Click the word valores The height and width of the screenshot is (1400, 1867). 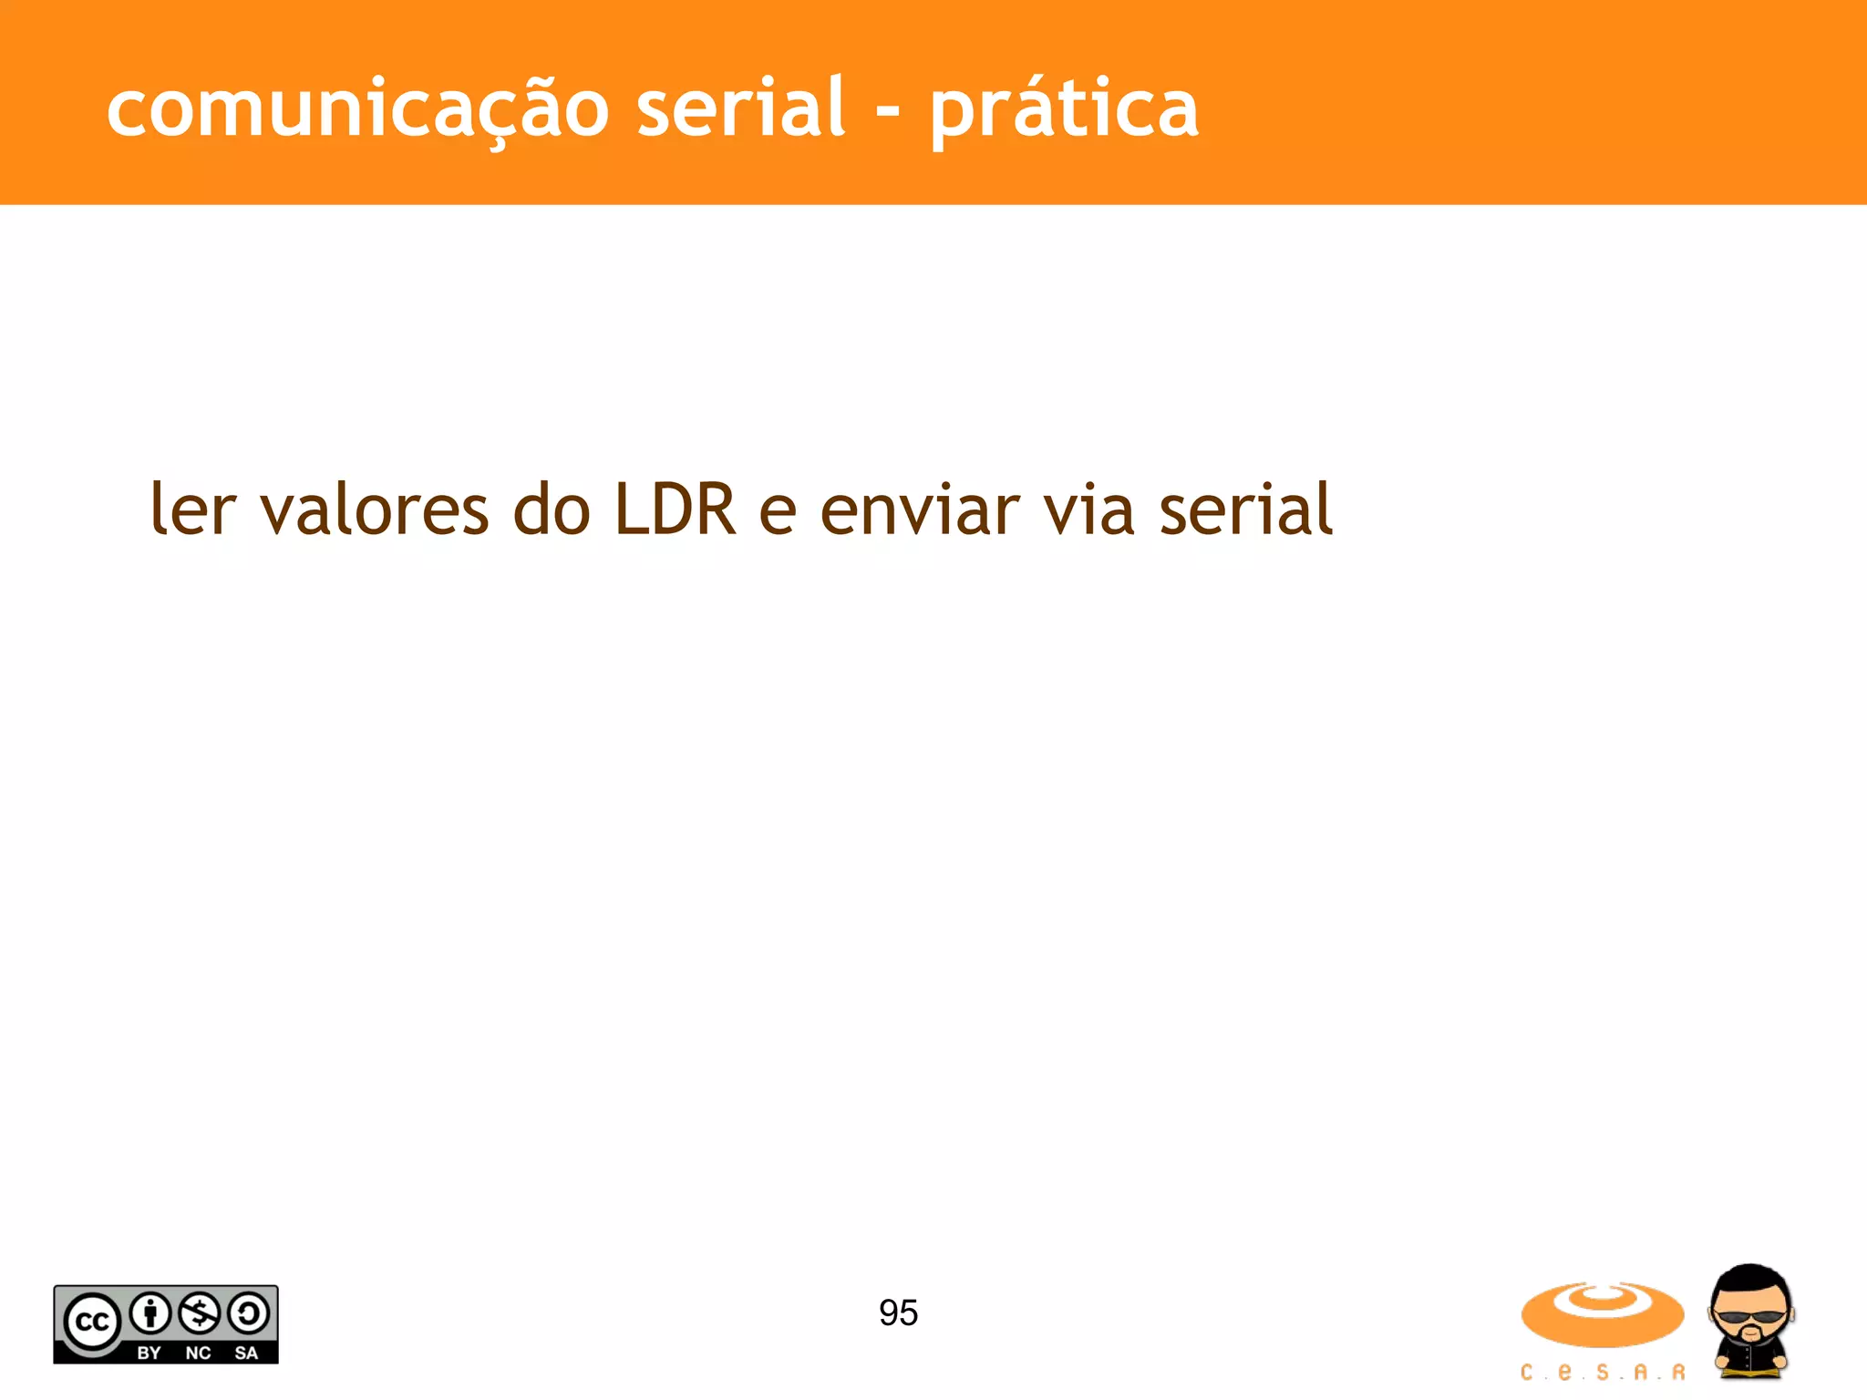point(375,510)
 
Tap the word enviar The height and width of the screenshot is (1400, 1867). point(920,510)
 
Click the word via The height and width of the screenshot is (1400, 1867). point(1088,510)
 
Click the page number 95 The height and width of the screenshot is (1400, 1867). point(898,1312)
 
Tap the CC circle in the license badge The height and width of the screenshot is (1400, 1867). point(91,1322)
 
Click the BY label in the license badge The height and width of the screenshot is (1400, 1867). point(149,1353)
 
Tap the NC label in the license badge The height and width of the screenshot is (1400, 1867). point(198,1353)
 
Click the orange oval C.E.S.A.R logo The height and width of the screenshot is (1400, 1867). point(1602,1313)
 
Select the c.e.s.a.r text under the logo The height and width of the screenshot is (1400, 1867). point(1602,1372)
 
